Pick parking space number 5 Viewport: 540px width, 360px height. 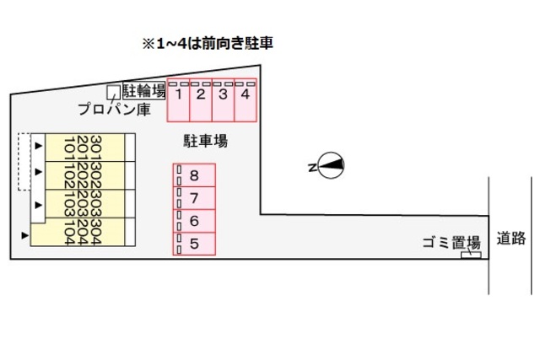pos(195,244)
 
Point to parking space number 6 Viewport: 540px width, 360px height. pos(195,222)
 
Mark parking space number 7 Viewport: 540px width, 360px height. pos(195,199)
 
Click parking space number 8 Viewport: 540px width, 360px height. pos(195,175)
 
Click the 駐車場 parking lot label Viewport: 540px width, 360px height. pos(206,141)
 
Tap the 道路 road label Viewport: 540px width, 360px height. pos(510,238)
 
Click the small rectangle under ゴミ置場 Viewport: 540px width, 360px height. pos(470,254)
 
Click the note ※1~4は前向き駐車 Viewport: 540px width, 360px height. pos(208,42)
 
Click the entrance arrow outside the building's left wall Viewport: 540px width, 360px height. pos(25,234)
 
